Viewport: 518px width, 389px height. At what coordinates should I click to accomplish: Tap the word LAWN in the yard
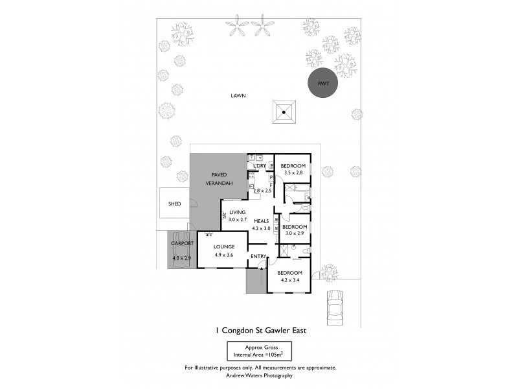pos(238,96)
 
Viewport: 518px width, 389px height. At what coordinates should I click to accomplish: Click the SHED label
pos(174,204)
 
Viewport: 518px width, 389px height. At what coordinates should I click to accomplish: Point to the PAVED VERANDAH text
pos(219,180)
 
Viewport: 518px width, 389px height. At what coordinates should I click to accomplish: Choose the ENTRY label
pos(258,256)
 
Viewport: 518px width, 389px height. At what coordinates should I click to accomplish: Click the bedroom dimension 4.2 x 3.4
pos(289,280)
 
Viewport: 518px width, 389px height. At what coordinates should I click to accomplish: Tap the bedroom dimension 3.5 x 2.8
pos(293,173)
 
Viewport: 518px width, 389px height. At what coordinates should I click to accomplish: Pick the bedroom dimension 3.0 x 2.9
pos(294,233)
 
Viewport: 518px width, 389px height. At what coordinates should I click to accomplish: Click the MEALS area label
pos(261,221)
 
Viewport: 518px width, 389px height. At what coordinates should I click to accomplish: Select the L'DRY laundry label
pos(260,167)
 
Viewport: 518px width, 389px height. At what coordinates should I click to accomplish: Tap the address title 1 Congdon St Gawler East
pos(260,329)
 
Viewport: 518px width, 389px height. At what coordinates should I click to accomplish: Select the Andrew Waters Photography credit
pos(260,375)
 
